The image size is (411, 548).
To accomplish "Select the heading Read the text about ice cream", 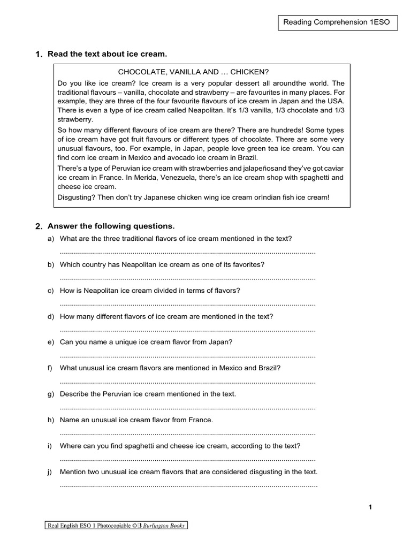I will tap(108, 54).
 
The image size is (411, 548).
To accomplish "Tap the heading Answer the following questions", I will tap(111, 226).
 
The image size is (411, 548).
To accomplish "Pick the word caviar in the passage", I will tap(332, 168).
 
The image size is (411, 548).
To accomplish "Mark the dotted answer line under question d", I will tap(188, 329).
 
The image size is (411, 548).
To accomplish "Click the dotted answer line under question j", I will tap(189, 485).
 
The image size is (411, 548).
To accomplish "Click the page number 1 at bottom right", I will tap(370, 508).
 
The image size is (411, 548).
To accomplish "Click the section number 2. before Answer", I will tap(39, 226).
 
